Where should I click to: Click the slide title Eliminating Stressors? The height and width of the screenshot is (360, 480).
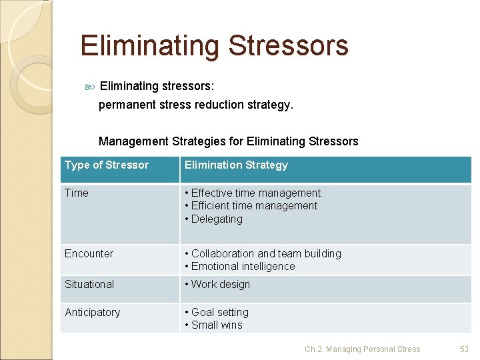[x=214, y=46]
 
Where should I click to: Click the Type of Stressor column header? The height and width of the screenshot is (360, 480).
[x=107, y=165]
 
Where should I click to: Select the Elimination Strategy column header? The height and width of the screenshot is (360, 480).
[x=236, y=165]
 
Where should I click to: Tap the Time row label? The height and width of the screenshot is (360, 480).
[x=76, y=193]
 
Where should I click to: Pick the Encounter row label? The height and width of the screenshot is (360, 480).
[x=89, y=254]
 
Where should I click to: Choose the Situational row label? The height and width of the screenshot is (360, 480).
[x=89, y=285]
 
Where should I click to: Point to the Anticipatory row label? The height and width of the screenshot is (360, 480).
[x=92, y=313]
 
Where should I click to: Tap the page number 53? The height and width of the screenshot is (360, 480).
[x=464, y=349]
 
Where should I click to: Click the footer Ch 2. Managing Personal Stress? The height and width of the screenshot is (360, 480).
[x=362, y=349]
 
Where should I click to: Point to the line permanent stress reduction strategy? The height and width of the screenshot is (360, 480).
[x=195, y=105]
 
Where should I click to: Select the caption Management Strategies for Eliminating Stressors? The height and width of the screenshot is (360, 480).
[x=228, y=141]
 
